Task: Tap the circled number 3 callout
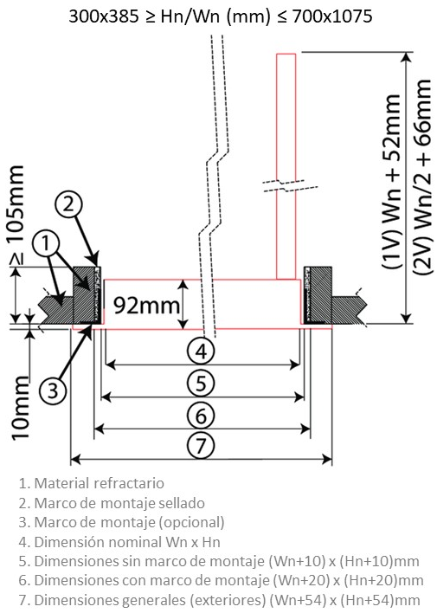pyautogui.click(x=53, y=390)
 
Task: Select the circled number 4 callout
pyautogui.click(x=201, y=352)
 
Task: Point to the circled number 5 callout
pyautogui.click(x=201, y=383)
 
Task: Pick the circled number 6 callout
pyautogui.click(x=201, y=415)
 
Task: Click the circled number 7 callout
pyautogui.click(x=201, y=446)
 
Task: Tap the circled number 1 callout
pyautogui.click(x=46, y=243)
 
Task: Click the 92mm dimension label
pyautogui.click(x=146, y=306)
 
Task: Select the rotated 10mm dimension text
pyautogui.click(x=20, y=408)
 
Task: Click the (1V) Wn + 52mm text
pyautogui.click(x=392, y=181)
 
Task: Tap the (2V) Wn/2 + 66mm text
pyautogui.click(x=422, y=177)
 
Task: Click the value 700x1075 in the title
pyautogui.click(x=331, y=16)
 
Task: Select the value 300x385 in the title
pyautogui.click(x=104, y=16)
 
